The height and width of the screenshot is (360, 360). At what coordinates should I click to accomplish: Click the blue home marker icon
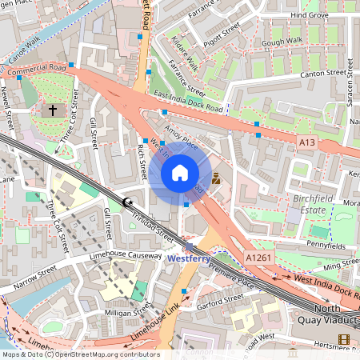[180, 173]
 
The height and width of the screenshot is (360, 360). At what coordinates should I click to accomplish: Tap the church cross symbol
[54, 109]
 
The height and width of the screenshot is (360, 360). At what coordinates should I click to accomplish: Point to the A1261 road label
[259, 258]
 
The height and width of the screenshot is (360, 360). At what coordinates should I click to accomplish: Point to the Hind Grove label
[310, 14]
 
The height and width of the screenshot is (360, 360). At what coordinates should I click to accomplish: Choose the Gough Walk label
[282, 39]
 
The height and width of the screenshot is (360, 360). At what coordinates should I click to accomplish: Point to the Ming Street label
[342, 262]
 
